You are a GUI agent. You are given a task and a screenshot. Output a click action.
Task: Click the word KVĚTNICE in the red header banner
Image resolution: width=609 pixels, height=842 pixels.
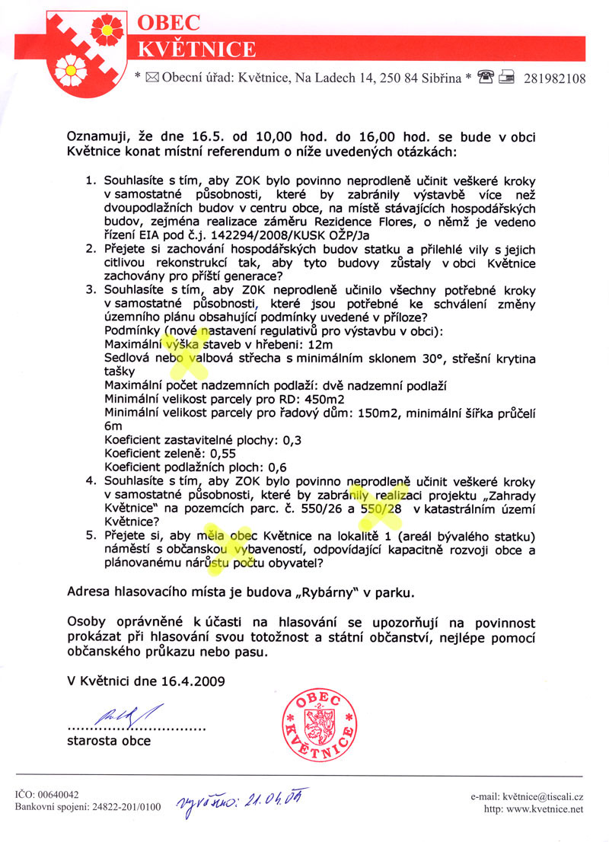point(196,49)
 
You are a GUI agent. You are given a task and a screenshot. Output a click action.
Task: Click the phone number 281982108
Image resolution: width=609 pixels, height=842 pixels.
point(555,78)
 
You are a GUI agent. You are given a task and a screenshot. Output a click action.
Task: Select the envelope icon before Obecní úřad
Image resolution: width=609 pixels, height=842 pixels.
point(149,78)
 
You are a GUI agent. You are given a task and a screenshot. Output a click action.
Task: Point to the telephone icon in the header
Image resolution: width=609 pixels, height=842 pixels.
point(486,78)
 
